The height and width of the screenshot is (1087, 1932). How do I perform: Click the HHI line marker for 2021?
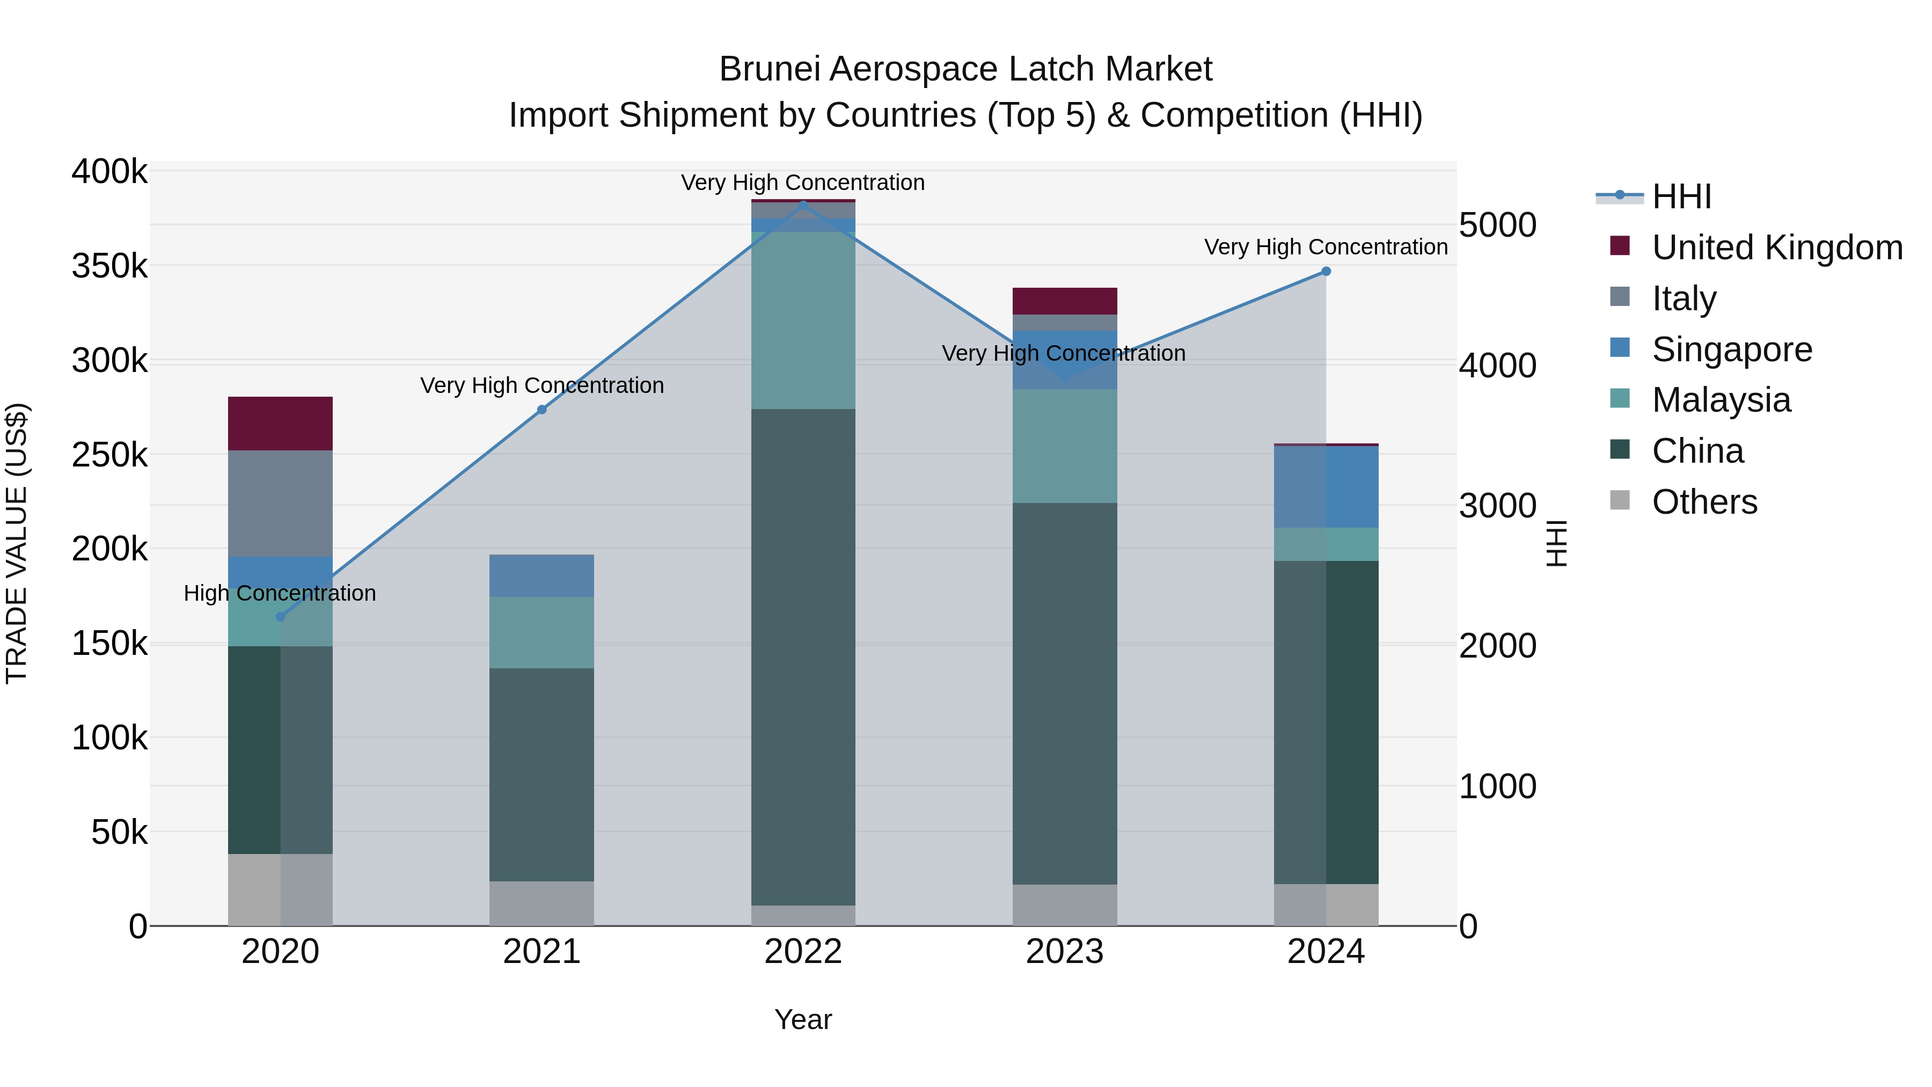point(541,410)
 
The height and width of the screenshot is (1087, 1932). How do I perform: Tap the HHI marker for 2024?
point(1326,272)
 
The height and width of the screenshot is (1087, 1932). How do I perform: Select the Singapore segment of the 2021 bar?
point(541,575)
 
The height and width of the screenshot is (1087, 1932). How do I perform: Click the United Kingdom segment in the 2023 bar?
point(1064,301)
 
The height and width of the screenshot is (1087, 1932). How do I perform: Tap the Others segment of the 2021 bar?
point(541,903)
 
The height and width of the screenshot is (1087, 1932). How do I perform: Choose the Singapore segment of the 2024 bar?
point(1326,486)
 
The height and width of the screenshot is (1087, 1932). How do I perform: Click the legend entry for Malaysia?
point(1721,400)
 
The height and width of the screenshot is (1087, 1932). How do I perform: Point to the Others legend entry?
point(1704,502)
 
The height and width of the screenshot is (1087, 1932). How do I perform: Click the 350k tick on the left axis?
point(109,266)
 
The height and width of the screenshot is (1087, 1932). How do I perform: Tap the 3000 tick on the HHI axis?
point(1497,506)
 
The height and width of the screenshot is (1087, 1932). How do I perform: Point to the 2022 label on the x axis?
point(803,952)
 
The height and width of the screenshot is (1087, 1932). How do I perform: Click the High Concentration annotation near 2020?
point(280,593)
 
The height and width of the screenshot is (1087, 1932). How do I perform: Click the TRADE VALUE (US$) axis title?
point(17,543)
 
